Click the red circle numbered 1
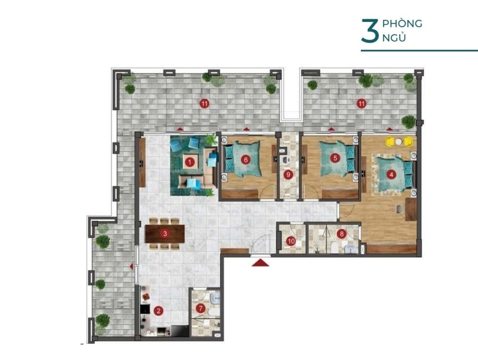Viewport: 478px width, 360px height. (x=190, y=162)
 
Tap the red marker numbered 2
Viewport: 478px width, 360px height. (x=158, y=311)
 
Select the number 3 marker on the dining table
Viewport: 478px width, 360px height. (x=165, y=234)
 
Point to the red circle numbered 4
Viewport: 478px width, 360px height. (x=391, y=175)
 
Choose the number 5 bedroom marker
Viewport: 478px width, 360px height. (x=335, y=158)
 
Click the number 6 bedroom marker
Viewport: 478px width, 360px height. (x=245, y=159)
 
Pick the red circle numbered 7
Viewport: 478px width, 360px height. (x=200, y=309)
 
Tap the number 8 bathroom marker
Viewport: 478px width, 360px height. (x=342, y=234)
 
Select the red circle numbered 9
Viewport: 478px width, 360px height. (x=288, y=175)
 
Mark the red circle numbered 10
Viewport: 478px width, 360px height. (x=291, y=241)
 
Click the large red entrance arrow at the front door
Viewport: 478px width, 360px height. (x=260, y=262)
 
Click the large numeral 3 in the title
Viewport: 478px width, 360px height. (x=370, y=31)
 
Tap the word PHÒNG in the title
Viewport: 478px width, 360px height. (x=402, y=23)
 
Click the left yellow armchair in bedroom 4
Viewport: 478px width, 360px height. (x=390, y=141)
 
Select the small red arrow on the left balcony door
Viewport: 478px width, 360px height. (x=131, y=267)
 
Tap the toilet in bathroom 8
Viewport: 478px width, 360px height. (x=334, y=247)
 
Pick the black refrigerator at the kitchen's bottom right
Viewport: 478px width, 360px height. (x=180, y=331)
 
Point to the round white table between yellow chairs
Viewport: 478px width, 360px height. (x=399, y=141)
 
